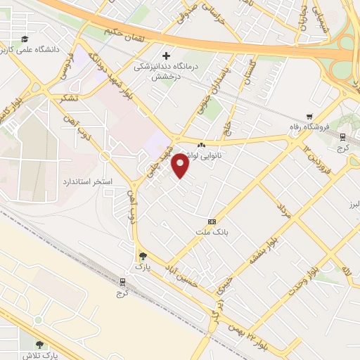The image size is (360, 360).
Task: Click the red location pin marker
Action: (x=181, y=165)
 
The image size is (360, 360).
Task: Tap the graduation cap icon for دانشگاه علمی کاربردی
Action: (x=25, y=39)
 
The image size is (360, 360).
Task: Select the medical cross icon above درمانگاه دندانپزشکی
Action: (x=166, y=56)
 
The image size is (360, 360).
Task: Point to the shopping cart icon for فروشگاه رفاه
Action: (x=309, y=117)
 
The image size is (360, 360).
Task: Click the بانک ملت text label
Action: (x=212, y=231)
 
